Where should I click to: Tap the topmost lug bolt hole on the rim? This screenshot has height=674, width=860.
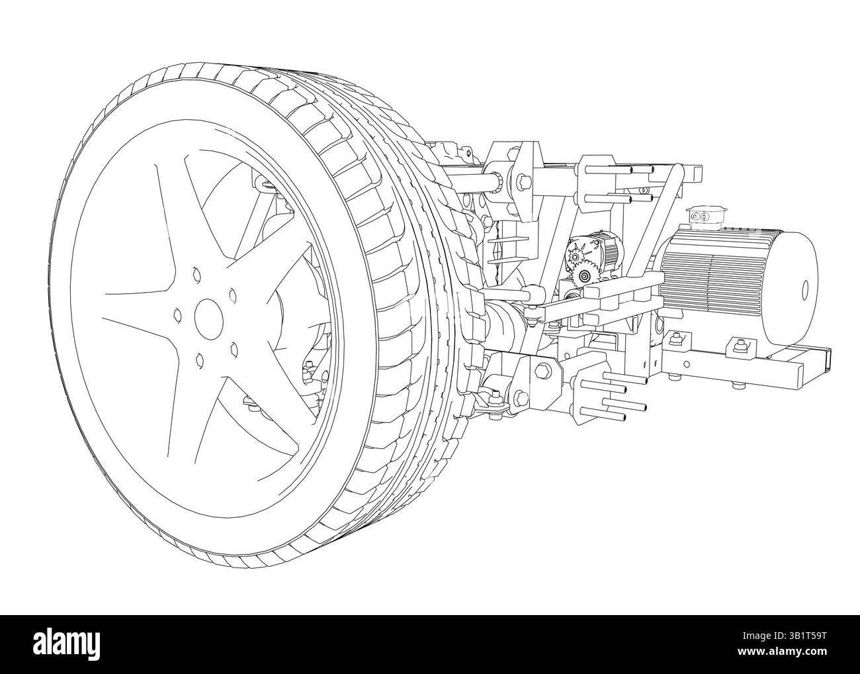[196, 271]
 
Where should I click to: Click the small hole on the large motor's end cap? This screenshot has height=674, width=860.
[806, 289]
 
